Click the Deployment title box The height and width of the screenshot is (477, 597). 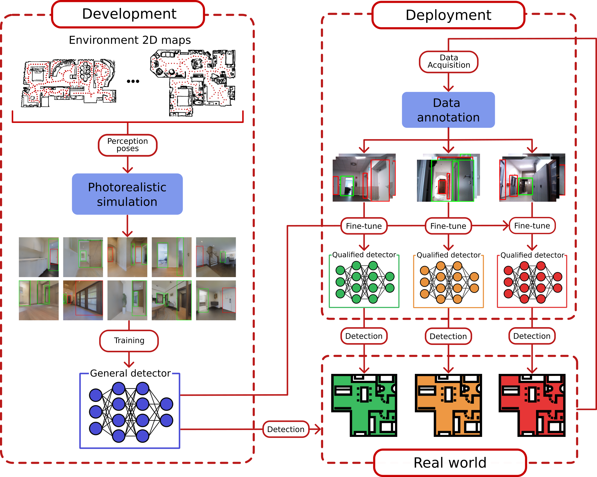(x=448, y=15)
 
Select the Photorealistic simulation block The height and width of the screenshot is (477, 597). (x=127, y=194)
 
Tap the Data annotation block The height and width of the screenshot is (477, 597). (x=448, y=110)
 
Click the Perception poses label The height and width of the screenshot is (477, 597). (x=128, y=145)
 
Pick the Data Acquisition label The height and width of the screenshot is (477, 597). (x=449, y=62)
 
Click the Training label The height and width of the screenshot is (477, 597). (x=129, y=341)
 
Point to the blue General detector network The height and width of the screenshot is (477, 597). (x=130, y=412)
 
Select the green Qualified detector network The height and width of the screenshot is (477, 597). (x=364, y=282)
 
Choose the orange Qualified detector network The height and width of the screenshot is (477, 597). (x=448, y=282)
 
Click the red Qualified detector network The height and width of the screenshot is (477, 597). (x=532, y=282)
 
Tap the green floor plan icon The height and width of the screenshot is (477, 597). (x=364, y=405)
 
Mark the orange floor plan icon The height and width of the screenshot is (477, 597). (x=448, y=405)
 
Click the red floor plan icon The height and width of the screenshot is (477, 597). (x=532, y=405)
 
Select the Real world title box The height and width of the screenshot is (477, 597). (x=450, y=463)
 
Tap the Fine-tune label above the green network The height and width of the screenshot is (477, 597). (x=364, y=226)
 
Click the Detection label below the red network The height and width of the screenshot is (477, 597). (x=532, y=336)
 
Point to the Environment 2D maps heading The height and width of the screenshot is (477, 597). (x=130, y=40)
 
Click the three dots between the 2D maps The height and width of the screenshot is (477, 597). (x=133, y=81)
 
